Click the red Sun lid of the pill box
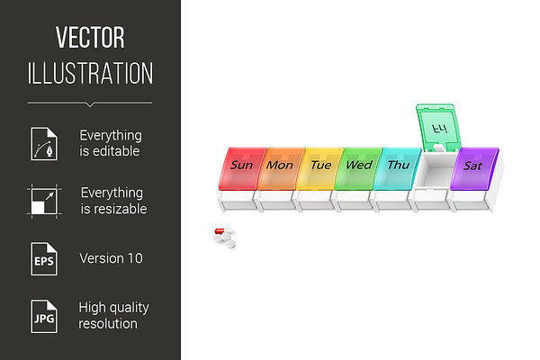(x=242, y=169)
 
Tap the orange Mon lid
(x=281, y=169)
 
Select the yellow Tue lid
(x=319, y=169)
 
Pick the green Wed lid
(x=358, y=169)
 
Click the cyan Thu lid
(x=397, y=169)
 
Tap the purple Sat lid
(x=474, y=169)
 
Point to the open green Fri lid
(x=438, y=128)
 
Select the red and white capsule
(x=223, y=230)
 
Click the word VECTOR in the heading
(x=90, y=38)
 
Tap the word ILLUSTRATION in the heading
(x=90, y=73)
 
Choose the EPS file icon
(x=44, y=258)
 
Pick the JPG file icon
(x=44, y=316)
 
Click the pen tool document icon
(x=44, y=143)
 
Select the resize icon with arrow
(x=44, y=202)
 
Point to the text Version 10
(x=111, y=258)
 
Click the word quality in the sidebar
(x=129, y=308)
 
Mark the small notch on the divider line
(x=90, y=104)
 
